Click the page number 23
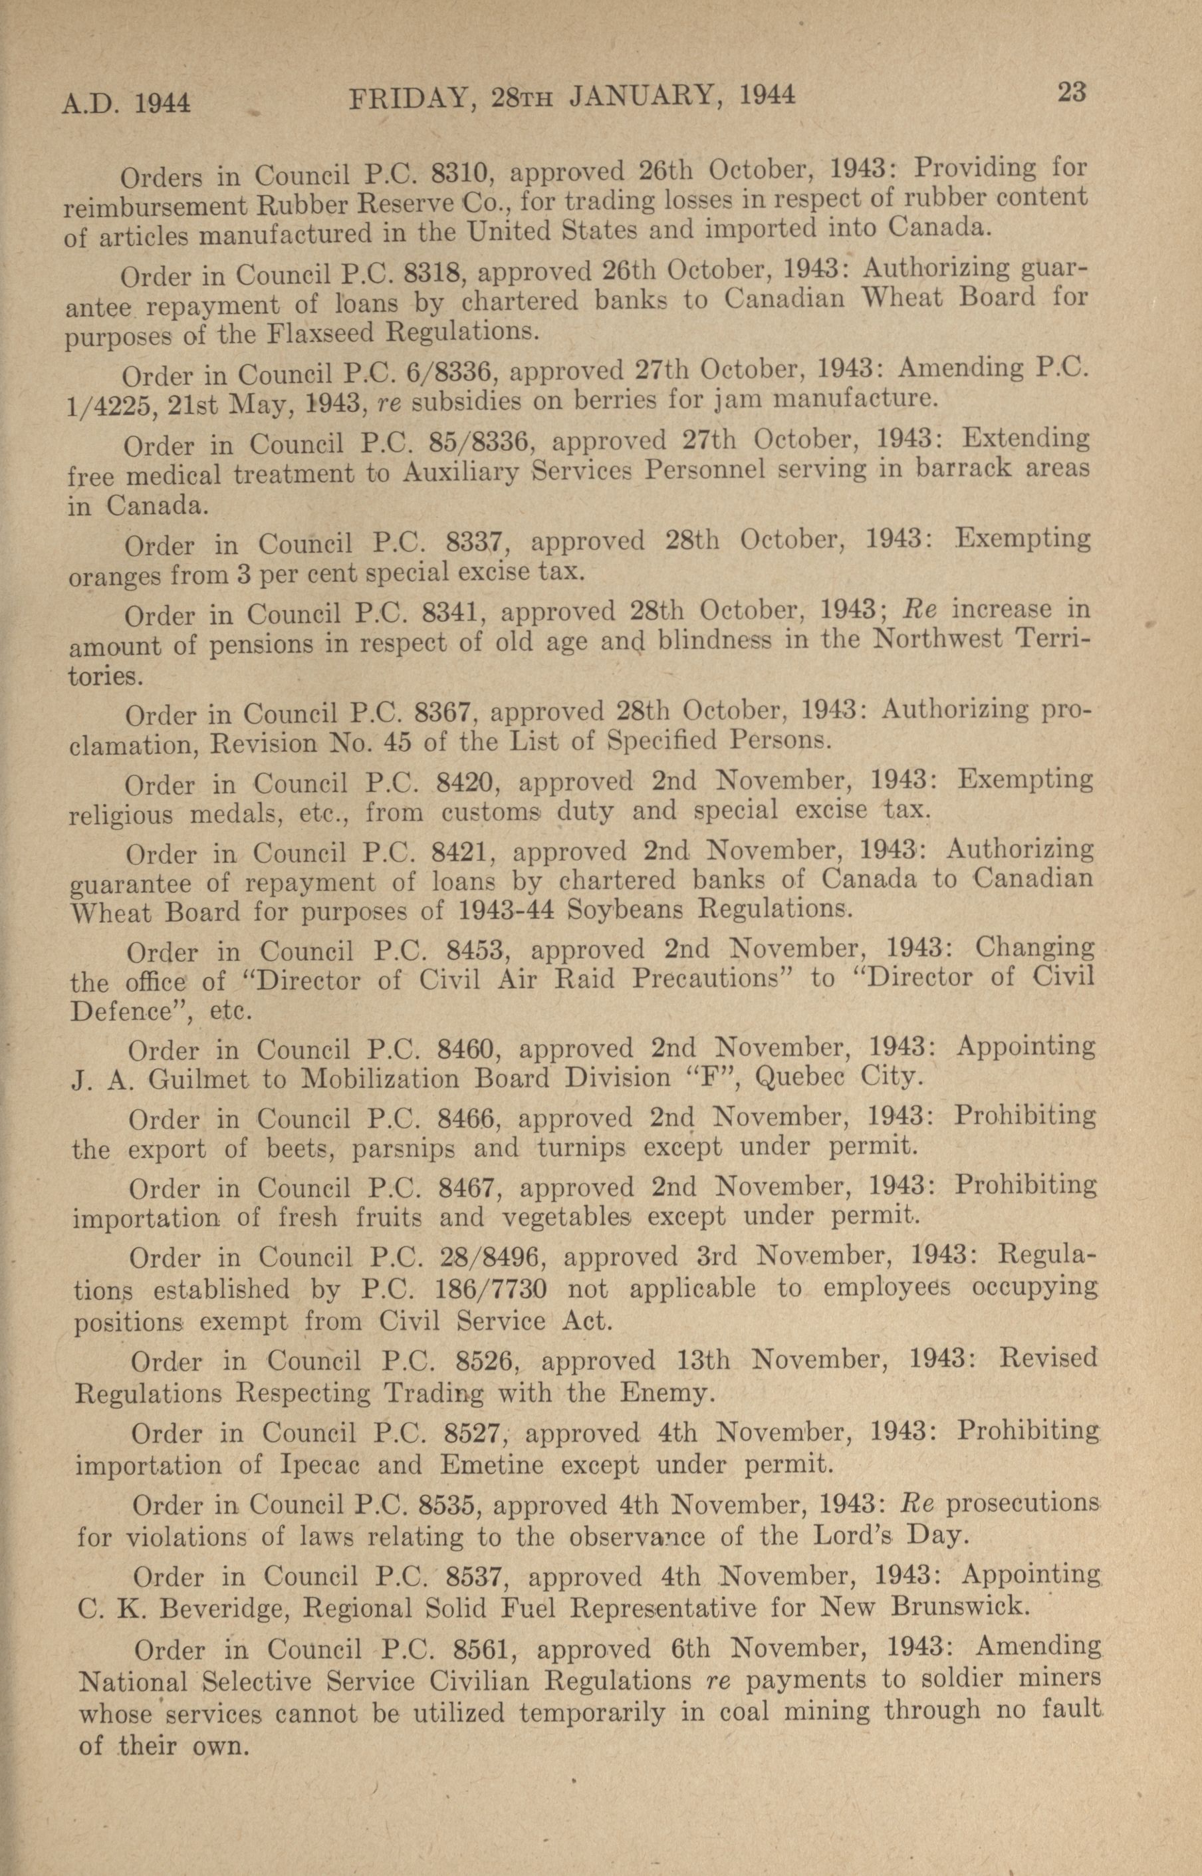[x=1072, y=93]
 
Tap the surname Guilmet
[x=199, y=1080]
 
